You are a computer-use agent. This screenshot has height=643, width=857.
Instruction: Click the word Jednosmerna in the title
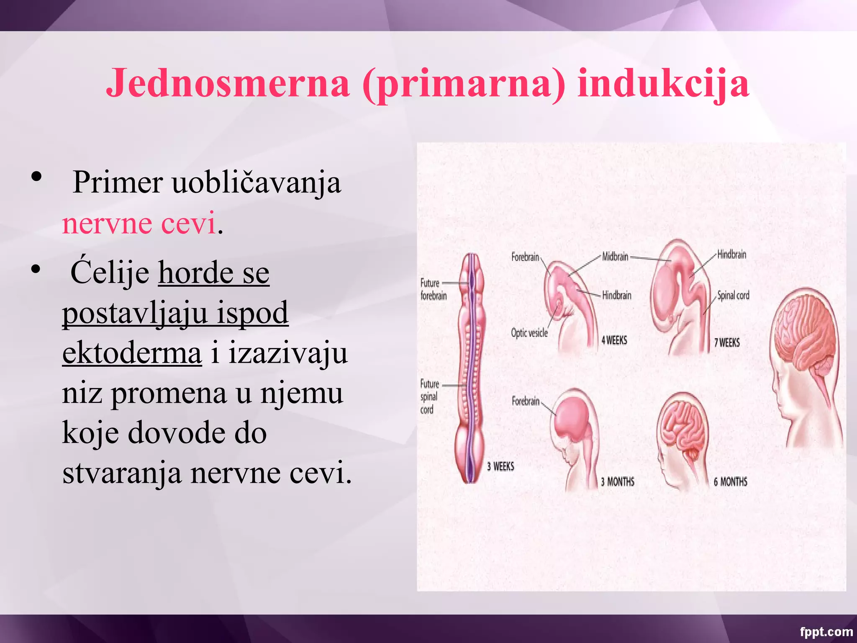pyautogui.click(x=228, y=82)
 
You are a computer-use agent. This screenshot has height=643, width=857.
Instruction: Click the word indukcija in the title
pyautogui.click(x=663, y=83)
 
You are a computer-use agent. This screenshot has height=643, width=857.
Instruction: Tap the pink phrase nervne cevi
pyautogui.click(x=139, y=223)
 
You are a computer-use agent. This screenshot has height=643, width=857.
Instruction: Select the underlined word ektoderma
pyautogui.click(x=132, y=353)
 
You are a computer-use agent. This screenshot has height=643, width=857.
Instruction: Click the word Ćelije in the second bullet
pyautogui.click(x=110, y=273)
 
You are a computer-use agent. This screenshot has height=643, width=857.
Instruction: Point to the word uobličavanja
pyautogui.click(x=257, y=183)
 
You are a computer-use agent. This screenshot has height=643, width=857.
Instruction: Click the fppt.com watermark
pyautogui.click(x=826, y=631)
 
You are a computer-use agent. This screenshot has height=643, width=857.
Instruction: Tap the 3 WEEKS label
pyautogui.click(x=500, y=466)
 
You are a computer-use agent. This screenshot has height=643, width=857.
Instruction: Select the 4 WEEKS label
pyautogui.click(x=614, y=340)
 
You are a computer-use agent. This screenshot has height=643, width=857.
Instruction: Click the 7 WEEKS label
pyautogui.click(x=727, y=343)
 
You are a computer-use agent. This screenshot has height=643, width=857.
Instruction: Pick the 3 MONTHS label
pyautogui.click(x=618, y=482)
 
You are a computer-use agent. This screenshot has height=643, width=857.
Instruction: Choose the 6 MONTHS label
pyautogui.click(x=731, y=482)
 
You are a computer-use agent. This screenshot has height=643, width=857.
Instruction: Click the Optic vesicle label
pyautogui.click(x=529, y=333)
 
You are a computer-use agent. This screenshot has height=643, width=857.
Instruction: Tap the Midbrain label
pyautogui.click(x=615, y=257)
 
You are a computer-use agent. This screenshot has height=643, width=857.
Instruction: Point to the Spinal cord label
pyautogui.click(x=733, y=295)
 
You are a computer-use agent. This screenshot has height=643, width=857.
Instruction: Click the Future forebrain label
pyautogui.click(x=433, y=289)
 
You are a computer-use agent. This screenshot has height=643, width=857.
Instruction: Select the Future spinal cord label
pyautogui.click(x=429, y=396)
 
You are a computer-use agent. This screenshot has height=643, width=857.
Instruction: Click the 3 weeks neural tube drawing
pyautogui.click(x=472, y=368)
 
